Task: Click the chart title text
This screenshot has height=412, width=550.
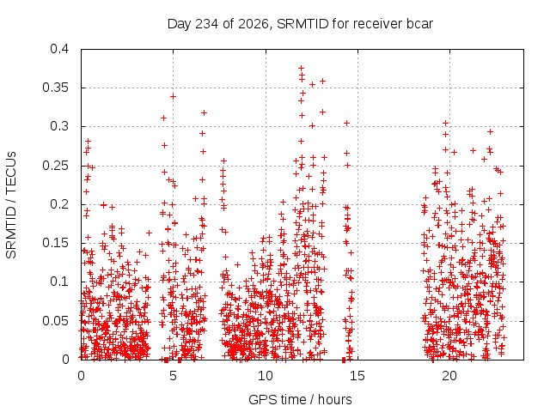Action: tap(300, 24)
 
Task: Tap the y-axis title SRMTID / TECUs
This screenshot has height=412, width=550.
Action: tap(11, 205)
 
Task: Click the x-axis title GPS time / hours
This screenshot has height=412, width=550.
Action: tap(300, 399)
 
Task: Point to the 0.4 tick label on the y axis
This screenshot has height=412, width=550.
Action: tap(59, 49)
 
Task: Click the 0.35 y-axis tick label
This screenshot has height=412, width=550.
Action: tap(55, 88)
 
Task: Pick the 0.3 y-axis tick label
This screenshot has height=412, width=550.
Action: tap(59, 126)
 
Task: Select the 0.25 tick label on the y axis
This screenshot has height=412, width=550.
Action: tap(55, 166)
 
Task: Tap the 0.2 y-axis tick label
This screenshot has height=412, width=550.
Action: tap(59, 204)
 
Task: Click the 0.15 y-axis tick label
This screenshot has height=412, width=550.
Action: tap(55, 243)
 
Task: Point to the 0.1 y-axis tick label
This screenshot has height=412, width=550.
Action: tap(59, 282)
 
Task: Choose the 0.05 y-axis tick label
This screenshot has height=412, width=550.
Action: tap(55, 321)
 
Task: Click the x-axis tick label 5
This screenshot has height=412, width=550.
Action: tap(173, 376)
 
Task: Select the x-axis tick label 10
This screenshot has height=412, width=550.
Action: tap(266, 376)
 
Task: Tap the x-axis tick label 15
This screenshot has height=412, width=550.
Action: tap(357, 376)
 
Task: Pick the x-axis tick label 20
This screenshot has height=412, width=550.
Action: tap(449, 376)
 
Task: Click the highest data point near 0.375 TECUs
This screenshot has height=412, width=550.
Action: tap(301, 68)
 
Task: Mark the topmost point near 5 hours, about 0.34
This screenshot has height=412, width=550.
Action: tap(173, 96)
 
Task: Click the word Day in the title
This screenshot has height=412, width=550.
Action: tap(180, 24)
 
